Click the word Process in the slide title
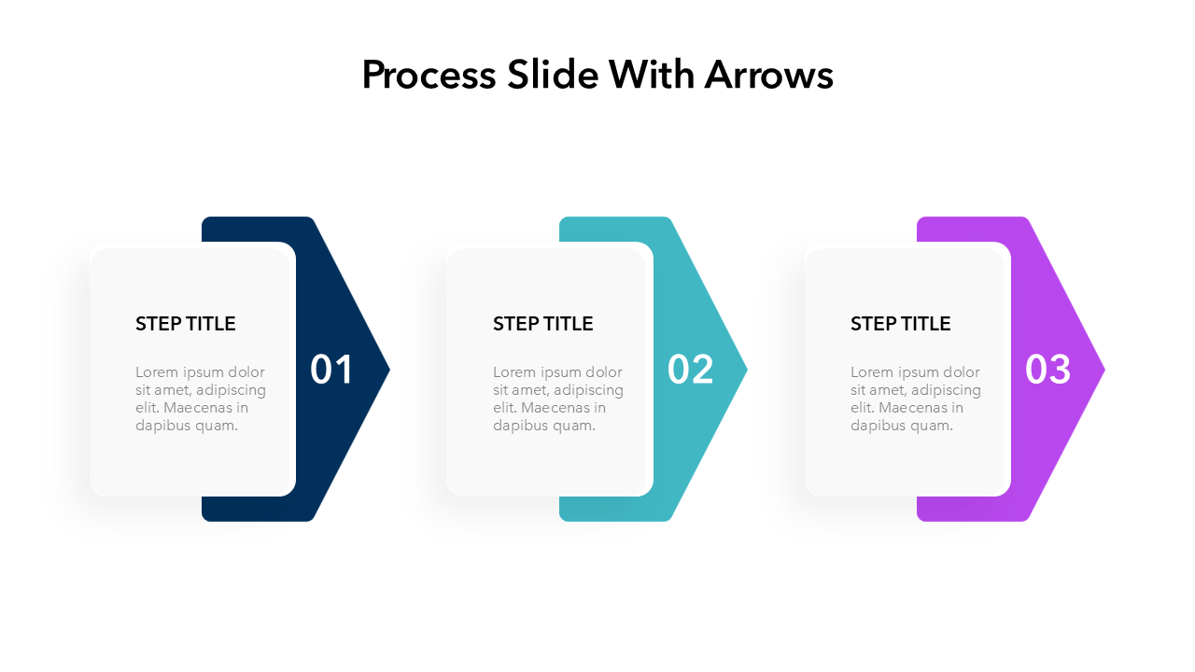tap(429, 76)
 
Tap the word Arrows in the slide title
tap(768, 76)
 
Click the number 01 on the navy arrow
tap(331, 370)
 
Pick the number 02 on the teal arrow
tap(690, 370)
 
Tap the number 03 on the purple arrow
tap(1047, 370)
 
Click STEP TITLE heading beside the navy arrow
tap(185, 324)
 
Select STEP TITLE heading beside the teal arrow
tap(542, 324)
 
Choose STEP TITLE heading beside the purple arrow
tap(900, 324)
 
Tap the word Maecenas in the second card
tap(554, 408)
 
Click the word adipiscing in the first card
tap(231, 390)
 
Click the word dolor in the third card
tap(961, 372)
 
